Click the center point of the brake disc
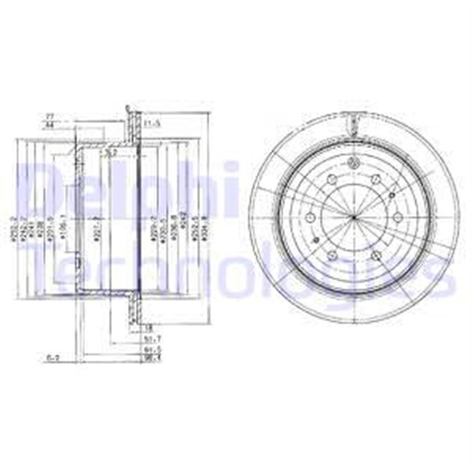point(353,216)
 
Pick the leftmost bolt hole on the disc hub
point(310,217)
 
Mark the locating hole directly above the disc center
point(353,163)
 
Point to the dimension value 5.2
point(110,153)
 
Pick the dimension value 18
point(147,327)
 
